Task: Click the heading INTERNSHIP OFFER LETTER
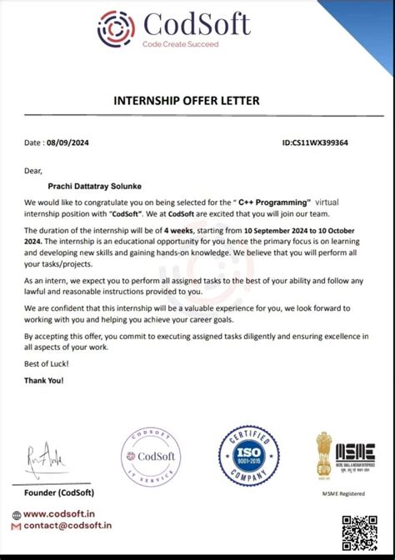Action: tap(197, 101)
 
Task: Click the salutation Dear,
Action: tap(33, 170)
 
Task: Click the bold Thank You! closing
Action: tap(44, 380)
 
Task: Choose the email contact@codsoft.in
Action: tap(66, 527)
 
